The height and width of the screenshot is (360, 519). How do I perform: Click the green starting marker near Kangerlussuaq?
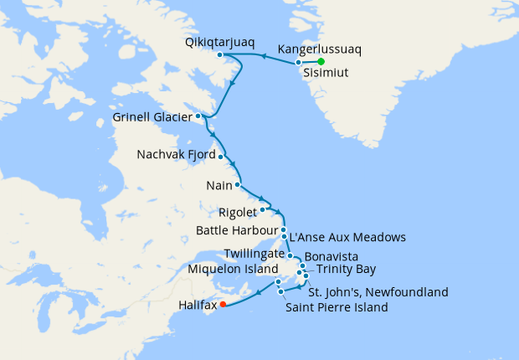[320, 61]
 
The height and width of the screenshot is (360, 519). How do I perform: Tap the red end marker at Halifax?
[223, 305]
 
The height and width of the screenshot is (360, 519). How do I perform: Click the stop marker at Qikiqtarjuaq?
[219, 55]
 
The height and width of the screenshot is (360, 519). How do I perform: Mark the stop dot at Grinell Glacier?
[198, 116]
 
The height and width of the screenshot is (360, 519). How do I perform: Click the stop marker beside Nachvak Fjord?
[221, 156]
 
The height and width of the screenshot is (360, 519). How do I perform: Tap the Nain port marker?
[238, 184]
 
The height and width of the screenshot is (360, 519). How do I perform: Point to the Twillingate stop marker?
[290, 255]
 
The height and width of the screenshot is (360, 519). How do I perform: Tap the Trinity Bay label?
[341, 269]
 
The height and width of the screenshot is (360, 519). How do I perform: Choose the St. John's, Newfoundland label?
[378, 292]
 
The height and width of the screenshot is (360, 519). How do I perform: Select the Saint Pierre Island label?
[337, 307]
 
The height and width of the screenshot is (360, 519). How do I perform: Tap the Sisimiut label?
[332, 72]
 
